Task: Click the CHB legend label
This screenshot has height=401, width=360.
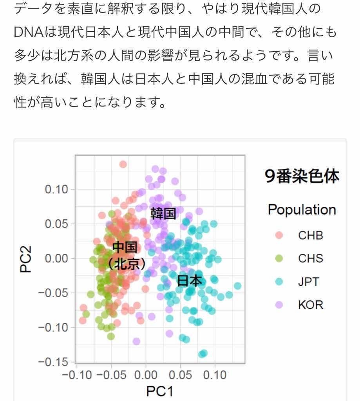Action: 311,235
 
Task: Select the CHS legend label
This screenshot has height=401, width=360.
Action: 311,258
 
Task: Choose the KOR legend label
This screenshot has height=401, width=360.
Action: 311,305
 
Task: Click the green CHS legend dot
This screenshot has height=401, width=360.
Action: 279,258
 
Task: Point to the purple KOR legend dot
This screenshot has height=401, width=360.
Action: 279,305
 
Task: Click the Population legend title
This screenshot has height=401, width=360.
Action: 302,210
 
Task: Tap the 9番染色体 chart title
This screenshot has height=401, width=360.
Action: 302,177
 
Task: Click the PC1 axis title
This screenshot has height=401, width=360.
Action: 159,391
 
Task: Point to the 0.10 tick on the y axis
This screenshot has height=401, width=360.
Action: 57,190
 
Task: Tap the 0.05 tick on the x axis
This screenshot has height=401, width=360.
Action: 181,375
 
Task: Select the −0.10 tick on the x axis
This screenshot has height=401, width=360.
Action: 78,375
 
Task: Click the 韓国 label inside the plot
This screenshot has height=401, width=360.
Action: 163,213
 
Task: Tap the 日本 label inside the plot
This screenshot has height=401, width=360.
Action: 190,281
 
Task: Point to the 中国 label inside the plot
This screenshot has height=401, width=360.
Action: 125,247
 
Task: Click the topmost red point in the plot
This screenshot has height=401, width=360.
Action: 123,164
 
